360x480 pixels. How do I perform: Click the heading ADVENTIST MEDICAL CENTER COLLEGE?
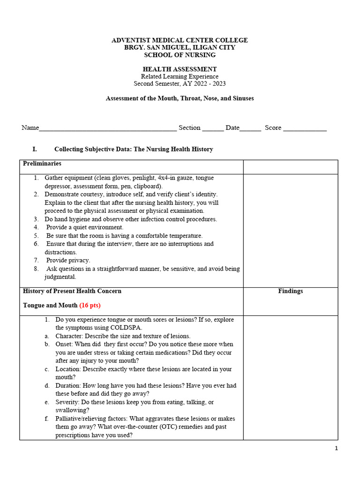[180, 40]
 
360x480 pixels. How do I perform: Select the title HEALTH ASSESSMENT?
[180, 69]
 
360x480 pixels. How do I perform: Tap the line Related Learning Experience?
[180, 76]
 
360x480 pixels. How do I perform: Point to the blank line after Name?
[108, 128]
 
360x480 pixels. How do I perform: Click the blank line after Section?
[213, 128]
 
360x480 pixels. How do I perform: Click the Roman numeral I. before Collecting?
[35, 150]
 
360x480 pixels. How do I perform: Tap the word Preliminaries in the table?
[42, 164]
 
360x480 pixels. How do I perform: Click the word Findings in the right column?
[290, 291]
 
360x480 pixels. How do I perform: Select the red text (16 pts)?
[90, 305]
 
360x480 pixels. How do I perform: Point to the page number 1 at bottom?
[336, 449]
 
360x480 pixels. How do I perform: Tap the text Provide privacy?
[68, 260]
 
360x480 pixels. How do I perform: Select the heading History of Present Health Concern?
[72, 291]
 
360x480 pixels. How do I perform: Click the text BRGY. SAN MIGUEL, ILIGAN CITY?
[180, 48]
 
